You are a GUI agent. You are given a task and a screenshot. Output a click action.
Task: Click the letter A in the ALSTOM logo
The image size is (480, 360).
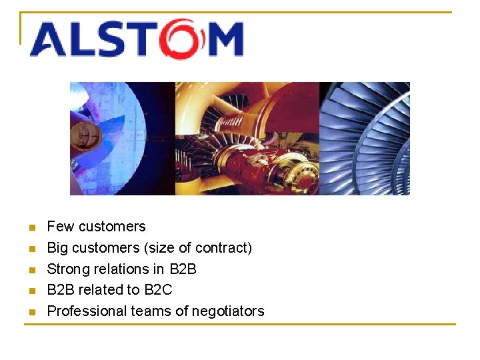(x=47, y=41)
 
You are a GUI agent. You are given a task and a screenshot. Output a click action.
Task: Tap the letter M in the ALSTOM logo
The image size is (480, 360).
(x=224, y=41)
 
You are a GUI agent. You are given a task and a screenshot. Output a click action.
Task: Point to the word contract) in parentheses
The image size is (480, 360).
(x=223, y=248)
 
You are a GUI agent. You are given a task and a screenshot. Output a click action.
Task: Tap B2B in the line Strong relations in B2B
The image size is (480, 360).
(x=183, y=269)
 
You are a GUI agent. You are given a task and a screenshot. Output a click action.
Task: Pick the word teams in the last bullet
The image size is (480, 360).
(x=141, y=311)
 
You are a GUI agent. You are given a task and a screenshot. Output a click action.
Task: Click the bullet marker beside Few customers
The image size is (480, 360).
(x=31, y=228)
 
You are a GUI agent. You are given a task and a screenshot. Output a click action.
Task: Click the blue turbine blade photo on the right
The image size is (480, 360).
(x=365, y=139)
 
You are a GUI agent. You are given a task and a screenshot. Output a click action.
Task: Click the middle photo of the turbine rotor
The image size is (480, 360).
(x=247, y=139)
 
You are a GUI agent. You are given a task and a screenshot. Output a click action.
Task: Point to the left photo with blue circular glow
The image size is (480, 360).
(x=122, y=139)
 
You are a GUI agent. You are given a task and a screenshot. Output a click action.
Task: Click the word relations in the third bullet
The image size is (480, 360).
(x=123, y=269)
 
